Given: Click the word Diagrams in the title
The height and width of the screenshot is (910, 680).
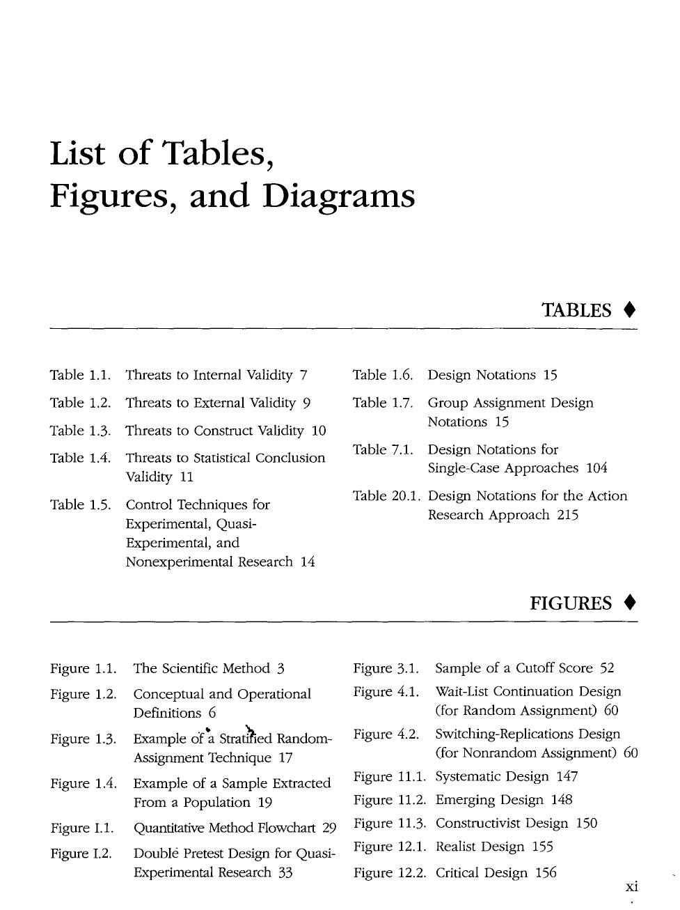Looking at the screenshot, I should pyautogui.click(x=338, y=197).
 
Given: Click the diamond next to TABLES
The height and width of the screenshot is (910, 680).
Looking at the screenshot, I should pyautogui.click(x=628, y=310).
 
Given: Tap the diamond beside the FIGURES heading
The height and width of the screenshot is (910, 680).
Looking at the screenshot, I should pyautogui.click(x=628, y=603).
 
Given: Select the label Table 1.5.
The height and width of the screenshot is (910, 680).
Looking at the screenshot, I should pyautogui.click(x=80, y=504).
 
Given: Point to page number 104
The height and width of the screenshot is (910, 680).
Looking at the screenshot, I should pyautogui.click(x=596, y=468).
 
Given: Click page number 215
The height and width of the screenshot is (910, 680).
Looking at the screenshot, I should pyautogui.click(x=568, y=515).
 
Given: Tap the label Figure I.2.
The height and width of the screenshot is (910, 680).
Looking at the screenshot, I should pyautogui.click(x=81, y=854).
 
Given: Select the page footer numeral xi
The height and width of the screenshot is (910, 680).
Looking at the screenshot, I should pyautogui.click(x=631, y=887).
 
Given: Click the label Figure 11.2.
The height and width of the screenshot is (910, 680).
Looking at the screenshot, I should pyautogui.click(x=389, y=800).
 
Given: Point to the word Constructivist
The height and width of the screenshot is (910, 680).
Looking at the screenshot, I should pyautogui.click(x=478, y=824).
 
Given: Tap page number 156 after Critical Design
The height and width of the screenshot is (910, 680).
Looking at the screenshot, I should pyautogui.click(x=546, y=872).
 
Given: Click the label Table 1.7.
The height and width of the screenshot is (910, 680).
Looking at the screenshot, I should pyautogui.click(x=383, y=403).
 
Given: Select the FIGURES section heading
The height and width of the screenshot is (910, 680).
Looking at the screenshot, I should pyautogui.click(x=571, y=603).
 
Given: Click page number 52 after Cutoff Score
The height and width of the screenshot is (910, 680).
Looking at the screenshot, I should pyautogui.click(x=607, y=668).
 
